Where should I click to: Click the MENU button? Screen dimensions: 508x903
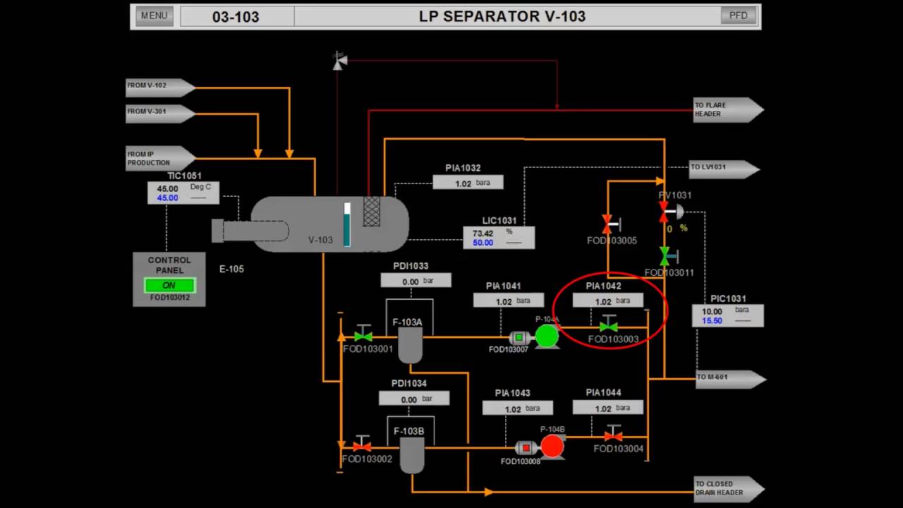154,16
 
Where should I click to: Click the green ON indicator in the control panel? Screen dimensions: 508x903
169,286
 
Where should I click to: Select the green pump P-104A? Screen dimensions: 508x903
547,337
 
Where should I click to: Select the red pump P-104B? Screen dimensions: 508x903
552,446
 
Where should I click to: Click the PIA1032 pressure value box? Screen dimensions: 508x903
468,183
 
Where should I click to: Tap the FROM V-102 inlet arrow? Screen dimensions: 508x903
159,87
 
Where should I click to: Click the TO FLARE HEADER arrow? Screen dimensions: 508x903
727,109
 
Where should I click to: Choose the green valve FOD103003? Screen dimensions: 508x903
608,326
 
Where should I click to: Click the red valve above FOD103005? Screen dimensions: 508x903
607,225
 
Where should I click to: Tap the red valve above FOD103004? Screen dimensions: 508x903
613,435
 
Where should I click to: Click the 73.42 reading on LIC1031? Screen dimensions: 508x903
483,234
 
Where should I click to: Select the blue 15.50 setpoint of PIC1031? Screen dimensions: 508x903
712,320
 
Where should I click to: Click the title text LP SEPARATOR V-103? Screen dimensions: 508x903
502,16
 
